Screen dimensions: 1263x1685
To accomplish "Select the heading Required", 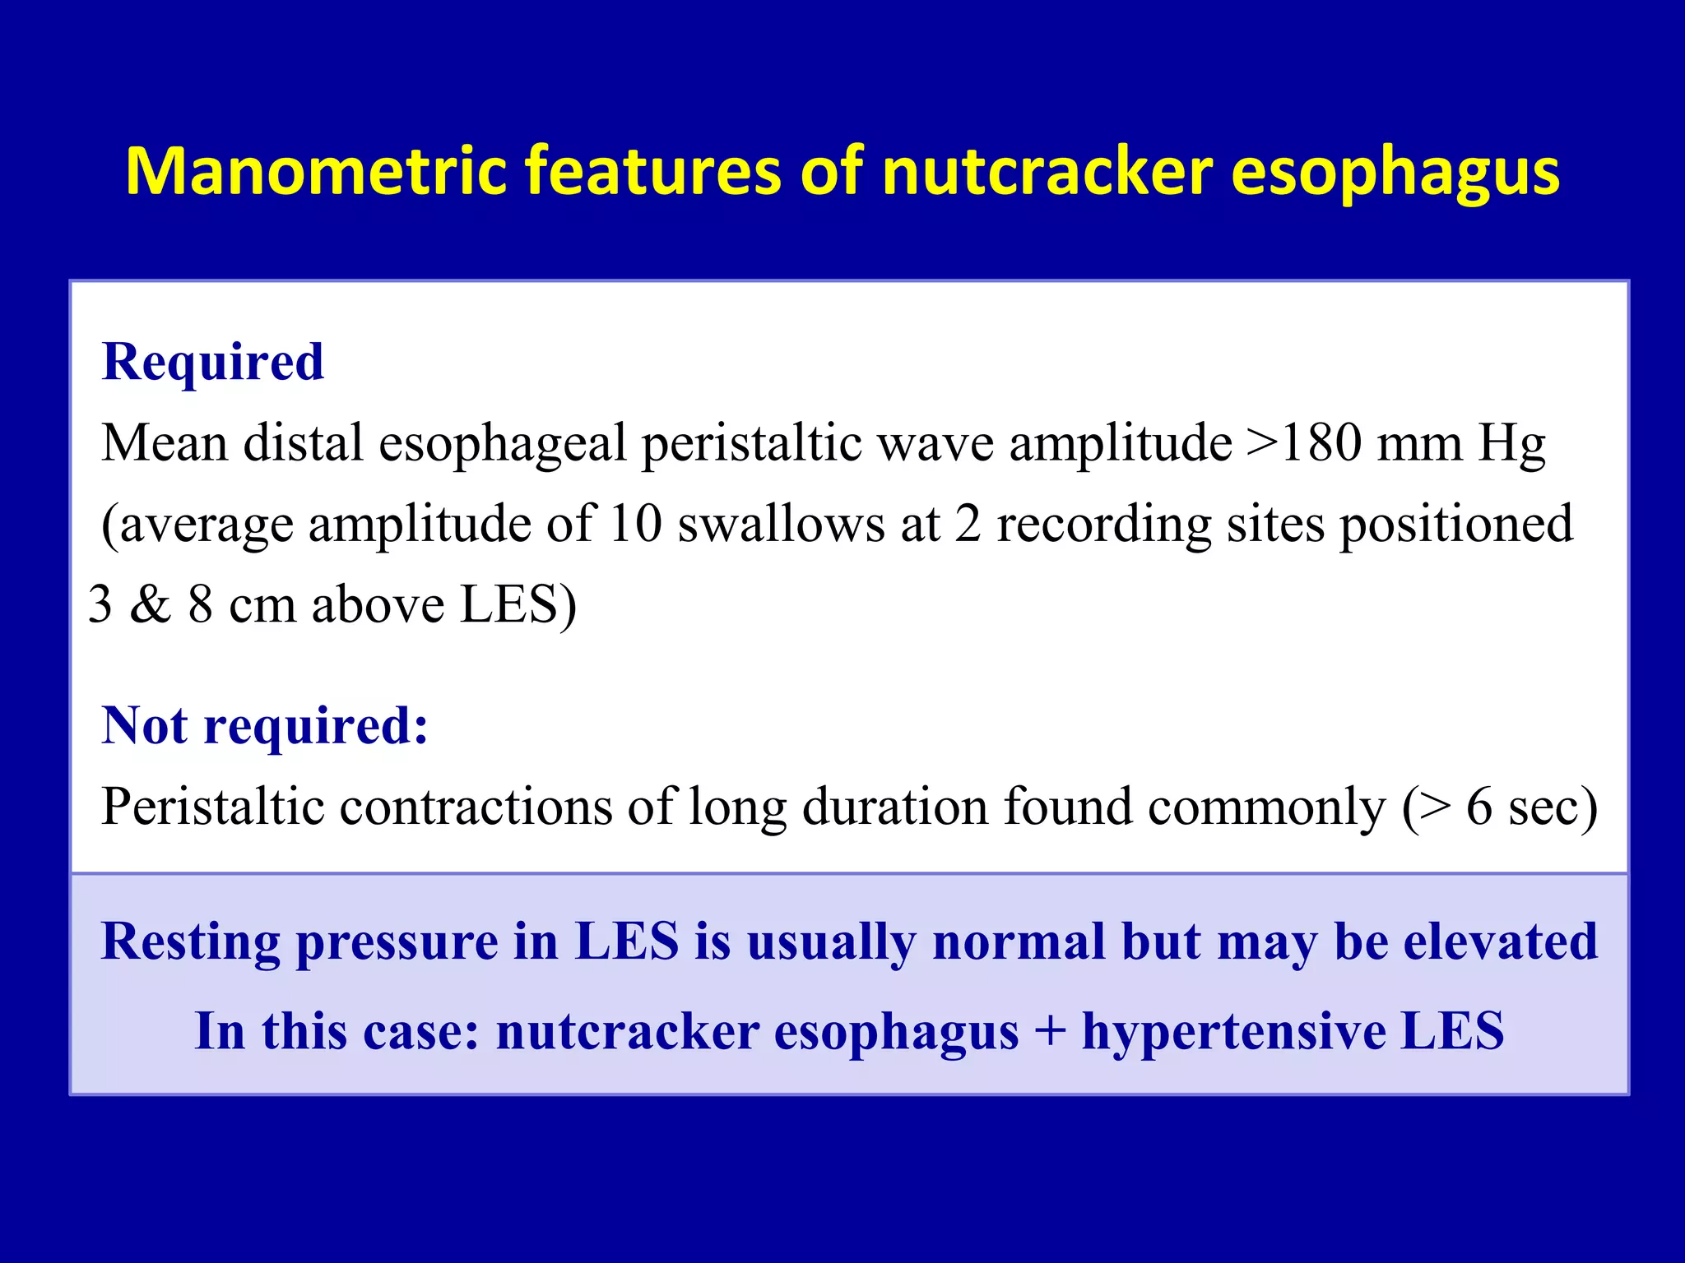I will tap(213, 362).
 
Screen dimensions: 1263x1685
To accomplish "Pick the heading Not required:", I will tap(265, 725).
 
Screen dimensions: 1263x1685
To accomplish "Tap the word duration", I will tap(894, 806).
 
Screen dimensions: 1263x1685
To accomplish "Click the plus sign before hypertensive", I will tap(1050, 1031).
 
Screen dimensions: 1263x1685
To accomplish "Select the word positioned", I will tap(1456, 523).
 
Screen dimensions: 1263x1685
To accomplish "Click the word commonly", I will tap(1267, 806).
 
